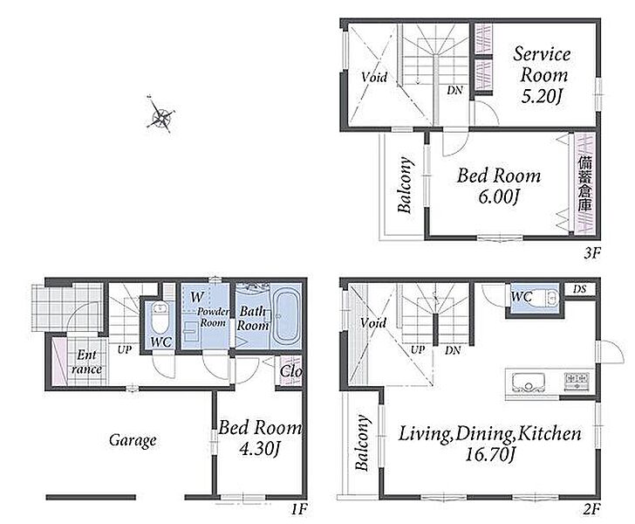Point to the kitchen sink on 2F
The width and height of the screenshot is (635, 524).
tap(528, 383)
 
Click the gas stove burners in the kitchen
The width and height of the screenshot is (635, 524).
tap(577, 382)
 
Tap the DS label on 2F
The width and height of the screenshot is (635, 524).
tap(579, 289)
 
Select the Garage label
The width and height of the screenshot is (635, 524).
tap(133, 440)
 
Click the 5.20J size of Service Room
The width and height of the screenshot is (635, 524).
tap(542, 97)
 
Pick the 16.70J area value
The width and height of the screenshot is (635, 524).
tap(490, 454)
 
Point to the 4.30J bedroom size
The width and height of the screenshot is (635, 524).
tap(259, 449)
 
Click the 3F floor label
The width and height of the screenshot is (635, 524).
tap(591, 254)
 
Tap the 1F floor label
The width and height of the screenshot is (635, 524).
tap(299, 508)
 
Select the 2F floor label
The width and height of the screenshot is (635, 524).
tap(591, 508)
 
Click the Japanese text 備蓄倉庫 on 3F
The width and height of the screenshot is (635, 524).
tap(584, 183)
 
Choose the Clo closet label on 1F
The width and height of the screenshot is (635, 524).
tap(290, 371)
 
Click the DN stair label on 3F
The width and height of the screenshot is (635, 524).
tap(455, 90)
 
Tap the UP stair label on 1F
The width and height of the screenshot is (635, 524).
tap(125, 349)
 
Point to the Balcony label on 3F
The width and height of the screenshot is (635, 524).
tap(406, 184)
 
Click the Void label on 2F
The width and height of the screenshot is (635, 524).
tap(373, 323)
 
